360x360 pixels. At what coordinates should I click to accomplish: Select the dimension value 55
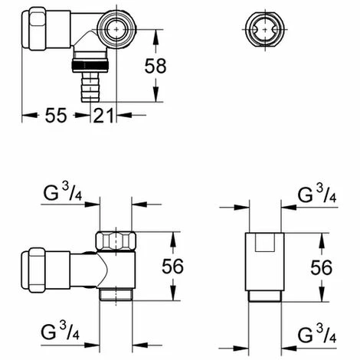tap(52, 116)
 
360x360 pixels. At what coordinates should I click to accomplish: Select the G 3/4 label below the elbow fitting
tap(59, 333)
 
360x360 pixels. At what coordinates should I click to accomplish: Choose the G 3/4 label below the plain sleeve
tap(316, 333)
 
